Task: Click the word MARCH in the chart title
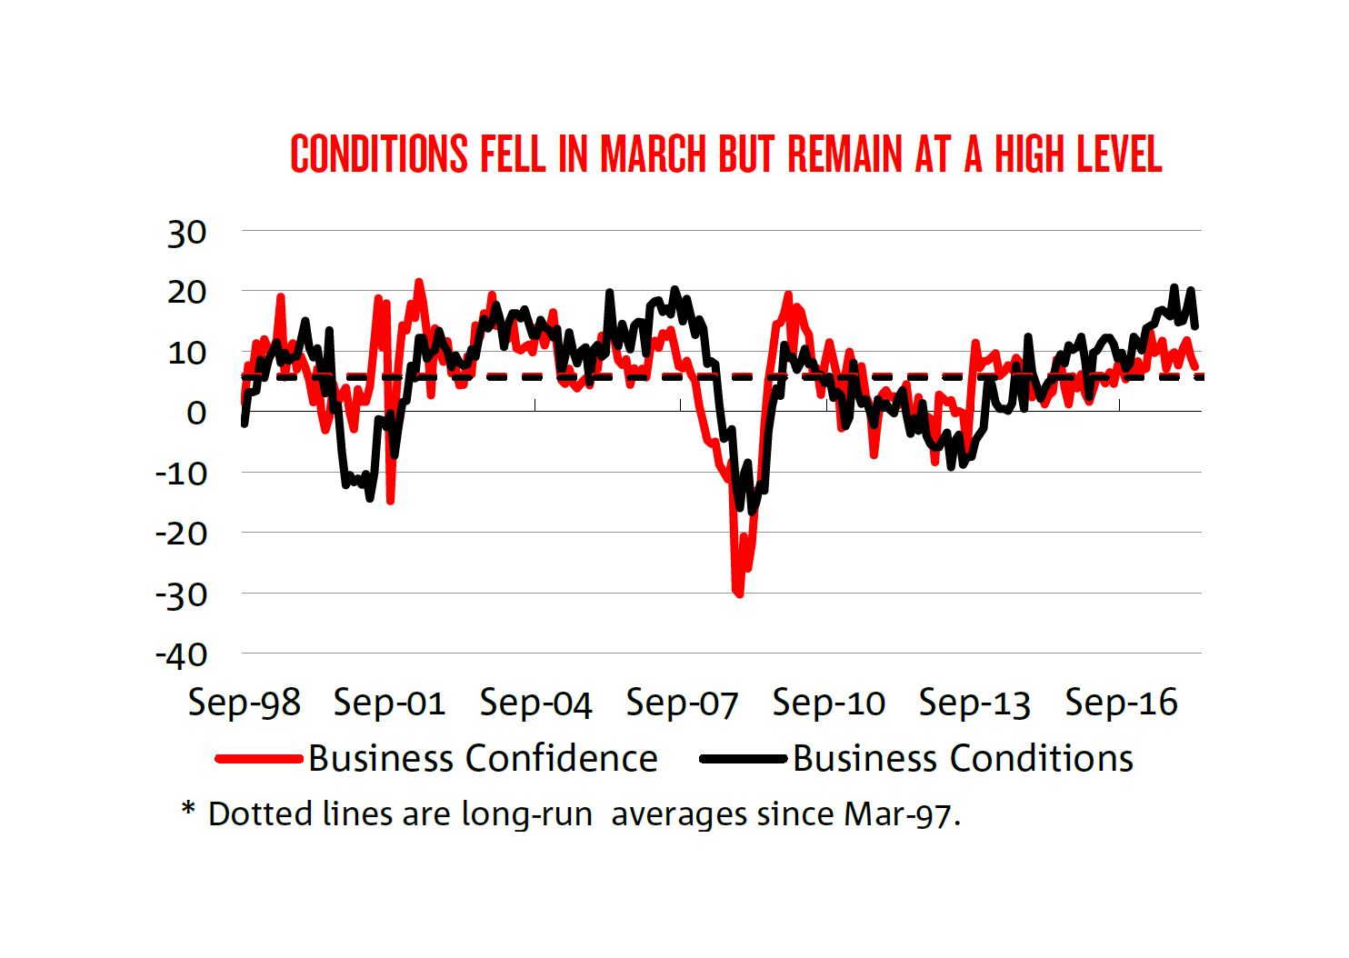tap(653, 155)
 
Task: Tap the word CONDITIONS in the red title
tap(379, 155)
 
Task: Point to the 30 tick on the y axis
tap(186, 234)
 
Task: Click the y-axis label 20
tap(186, 293)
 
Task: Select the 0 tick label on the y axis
tap(195, 413)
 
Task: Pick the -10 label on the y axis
tap(181, 474)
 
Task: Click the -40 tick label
tap(181, 655)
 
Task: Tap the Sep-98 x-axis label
tap(244, 703)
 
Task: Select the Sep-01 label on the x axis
tap(389, 703)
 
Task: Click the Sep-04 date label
tap(535, 703)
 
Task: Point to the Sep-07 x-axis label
tap(682, 703)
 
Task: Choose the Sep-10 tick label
tap(828, 703)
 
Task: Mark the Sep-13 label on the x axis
tap(974, 703)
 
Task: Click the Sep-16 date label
tap(1121, 703)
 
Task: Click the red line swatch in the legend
tap(259, 759)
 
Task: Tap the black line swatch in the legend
tap(743, 759)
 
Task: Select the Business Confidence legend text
tap(483, 759)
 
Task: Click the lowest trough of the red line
tap(738, 594)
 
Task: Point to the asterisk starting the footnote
tap(188, 808)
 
